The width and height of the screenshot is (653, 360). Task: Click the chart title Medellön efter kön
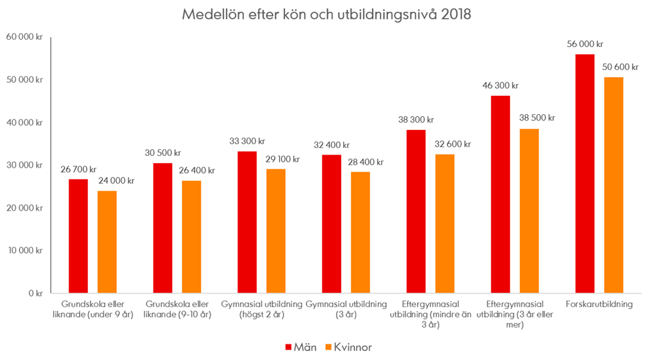click(326, 14)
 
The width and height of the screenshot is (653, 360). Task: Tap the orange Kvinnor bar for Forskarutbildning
click(614, 185)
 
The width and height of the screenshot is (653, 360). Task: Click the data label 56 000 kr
click(585, 44)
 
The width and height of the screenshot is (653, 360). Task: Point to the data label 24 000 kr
click(116, 181)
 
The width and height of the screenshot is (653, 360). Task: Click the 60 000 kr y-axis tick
click(24, 37)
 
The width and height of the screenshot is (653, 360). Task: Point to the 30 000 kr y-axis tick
click(24, 165)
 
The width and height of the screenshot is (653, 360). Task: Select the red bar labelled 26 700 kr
click(78, 236)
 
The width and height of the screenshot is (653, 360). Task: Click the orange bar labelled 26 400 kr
click(192, 237)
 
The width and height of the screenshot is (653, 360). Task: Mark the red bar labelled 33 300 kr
click(247, 222)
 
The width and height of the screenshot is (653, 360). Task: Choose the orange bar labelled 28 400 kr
click(361, 232)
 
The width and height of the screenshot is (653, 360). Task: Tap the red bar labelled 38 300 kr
click(416, 211)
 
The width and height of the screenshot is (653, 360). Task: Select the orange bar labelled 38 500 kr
click(529, 211)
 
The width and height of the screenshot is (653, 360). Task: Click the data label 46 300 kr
click(500, 85)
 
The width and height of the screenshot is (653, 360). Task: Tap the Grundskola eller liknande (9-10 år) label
click(177, 308)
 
